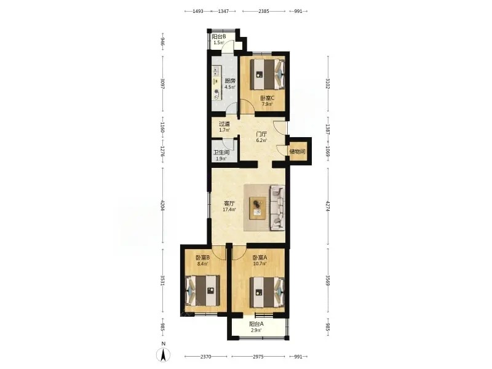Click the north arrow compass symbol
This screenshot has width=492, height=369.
point(163,355)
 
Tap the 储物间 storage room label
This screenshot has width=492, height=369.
point(297,151)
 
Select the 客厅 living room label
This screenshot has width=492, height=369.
point(229,204)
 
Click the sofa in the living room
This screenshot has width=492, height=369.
point(277,207)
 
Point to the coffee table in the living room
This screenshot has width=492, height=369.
point(258,208)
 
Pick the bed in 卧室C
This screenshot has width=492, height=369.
point(268,74)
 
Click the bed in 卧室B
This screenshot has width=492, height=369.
point(202,290)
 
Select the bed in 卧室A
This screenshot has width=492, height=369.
point(268,293)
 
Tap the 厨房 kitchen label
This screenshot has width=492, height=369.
point(229,81)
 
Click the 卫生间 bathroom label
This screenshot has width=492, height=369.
point(221,153)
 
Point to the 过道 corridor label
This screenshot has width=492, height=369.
point(224,124)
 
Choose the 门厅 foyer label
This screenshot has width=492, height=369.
point(261,134)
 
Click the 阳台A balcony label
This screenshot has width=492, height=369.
point(256,324)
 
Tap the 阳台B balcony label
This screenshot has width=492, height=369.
point(219,36)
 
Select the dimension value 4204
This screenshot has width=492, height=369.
point(162,205)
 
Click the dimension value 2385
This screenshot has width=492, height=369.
point(264,11)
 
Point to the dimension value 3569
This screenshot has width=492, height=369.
point(328,280)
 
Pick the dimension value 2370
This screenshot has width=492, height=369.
point(206,357)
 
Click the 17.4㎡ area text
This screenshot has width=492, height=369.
point(229,210)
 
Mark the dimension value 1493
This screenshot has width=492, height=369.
point(197,11)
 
